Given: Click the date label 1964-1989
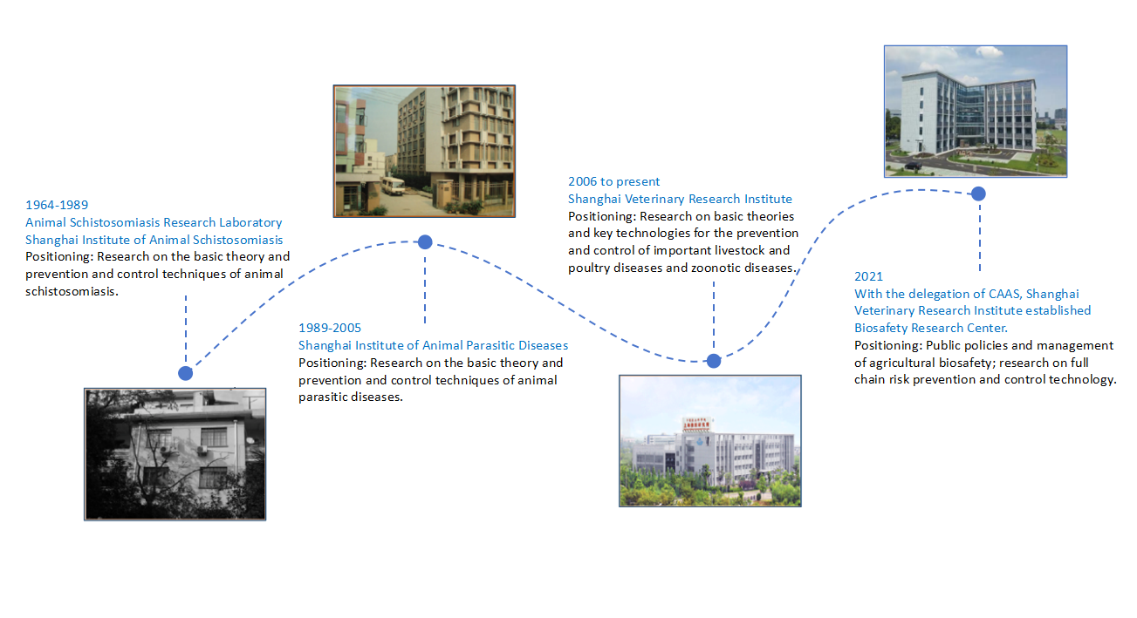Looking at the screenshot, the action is pos(57,205).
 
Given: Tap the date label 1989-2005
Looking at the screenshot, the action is pos(330,328).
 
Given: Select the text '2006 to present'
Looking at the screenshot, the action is pos(613,181).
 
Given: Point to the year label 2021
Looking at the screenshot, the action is pos(868,276).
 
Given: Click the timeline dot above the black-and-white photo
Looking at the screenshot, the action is pos(185,374).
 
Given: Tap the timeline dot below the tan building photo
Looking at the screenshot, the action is pos(425,242).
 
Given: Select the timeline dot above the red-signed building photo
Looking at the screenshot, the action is pos(714,361).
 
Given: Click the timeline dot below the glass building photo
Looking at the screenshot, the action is pos(979,194).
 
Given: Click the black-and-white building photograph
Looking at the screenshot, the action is pos(175,454).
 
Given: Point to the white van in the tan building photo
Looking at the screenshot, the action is pos(393,186).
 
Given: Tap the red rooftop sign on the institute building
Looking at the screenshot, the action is pos(696,424).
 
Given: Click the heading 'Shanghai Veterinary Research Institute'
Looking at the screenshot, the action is pos(680,199).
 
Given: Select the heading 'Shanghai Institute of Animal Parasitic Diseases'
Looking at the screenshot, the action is pos(433,345).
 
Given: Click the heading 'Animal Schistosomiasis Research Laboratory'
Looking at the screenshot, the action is pos(154,222).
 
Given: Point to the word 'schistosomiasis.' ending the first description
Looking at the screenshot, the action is pos(72,291).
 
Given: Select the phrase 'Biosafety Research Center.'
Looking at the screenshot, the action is pos(931,328).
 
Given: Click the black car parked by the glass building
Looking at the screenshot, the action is pos(913,166).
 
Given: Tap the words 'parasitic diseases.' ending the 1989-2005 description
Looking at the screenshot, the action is pos(351,397).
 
